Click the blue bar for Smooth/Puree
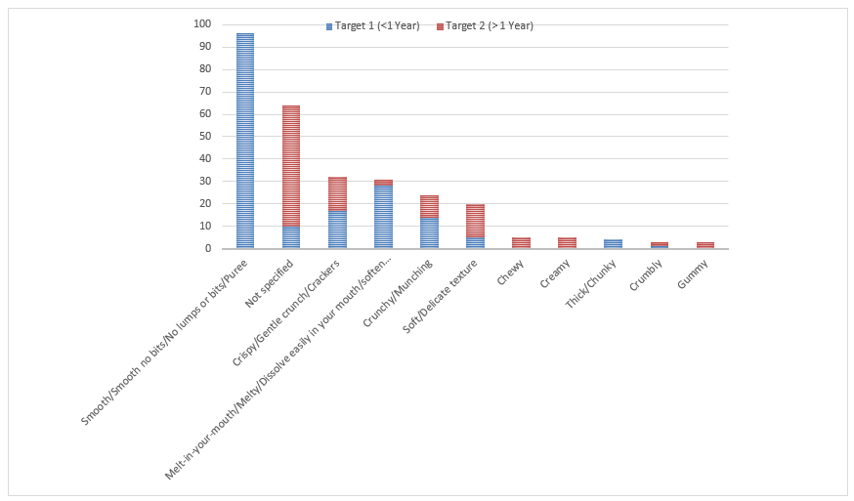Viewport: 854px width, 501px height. [245, 141]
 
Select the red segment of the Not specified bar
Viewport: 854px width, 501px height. [291, 165]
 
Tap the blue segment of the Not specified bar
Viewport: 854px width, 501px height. [291, 237]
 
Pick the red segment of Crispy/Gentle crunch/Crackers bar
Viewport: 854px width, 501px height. [337, 193]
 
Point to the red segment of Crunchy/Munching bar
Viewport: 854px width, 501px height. [429, 206]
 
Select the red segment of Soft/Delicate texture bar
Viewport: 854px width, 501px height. [475, 221]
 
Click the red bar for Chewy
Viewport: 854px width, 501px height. [521, 243]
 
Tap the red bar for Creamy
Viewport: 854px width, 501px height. [567, 243]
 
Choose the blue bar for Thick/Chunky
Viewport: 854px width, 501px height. [613, 244]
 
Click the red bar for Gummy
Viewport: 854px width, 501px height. [705, 245]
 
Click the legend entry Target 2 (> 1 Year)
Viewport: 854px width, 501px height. [490, 25]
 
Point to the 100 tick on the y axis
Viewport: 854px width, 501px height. [203, 24]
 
